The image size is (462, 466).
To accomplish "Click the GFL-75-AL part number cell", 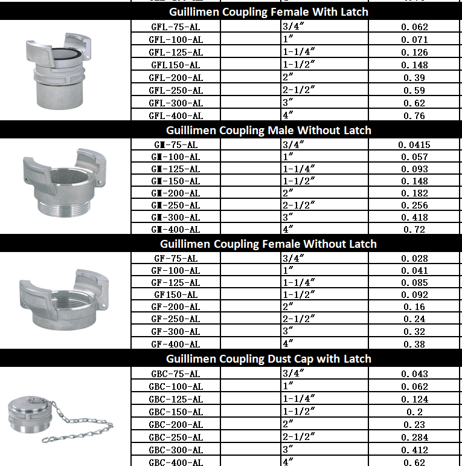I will click(176, 27).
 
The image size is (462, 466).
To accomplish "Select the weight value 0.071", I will click(414, 39).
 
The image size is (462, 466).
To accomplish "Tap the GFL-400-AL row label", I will click(176, 115).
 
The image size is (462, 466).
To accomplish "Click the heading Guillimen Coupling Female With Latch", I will click(268, 11).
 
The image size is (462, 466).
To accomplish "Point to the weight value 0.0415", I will click(414, 144).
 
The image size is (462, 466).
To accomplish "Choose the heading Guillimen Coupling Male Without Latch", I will click(268, 130).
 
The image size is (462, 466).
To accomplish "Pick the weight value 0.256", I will click(414, 205).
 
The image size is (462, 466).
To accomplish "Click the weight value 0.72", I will click(414, 230).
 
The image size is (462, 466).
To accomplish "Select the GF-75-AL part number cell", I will click(176, 258).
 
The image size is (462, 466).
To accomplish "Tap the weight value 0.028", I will click(414, 258).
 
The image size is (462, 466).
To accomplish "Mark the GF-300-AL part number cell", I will click(176, 331).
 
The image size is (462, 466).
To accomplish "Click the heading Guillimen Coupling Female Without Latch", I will click(268, 244).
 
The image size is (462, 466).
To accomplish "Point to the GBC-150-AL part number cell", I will click(176, 412).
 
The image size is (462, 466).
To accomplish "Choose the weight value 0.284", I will click(414, 437).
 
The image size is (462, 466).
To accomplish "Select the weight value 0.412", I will click(414, 450).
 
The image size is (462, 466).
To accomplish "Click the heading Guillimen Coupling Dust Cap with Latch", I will click(268, 358).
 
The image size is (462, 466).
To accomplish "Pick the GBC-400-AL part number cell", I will click(176, 462).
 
